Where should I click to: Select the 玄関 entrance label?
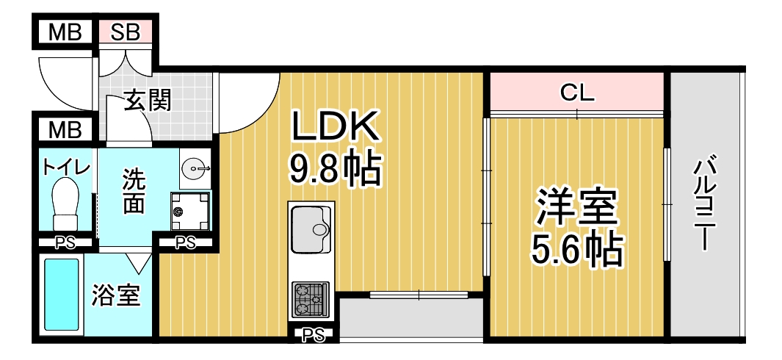(148, 101)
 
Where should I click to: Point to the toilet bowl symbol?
(66, 205)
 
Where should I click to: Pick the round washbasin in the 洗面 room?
(195, 168)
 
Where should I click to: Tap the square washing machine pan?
(190, 211)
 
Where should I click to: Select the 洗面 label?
(133, 191)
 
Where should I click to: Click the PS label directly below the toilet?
(65, 243)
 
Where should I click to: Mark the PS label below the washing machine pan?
(185, 243)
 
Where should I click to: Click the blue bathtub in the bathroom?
(62, 295)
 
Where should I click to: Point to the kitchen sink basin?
(310, 228)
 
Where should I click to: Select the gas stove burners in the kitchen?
(310, 299)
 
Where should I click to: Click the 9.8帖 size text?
(336, 168)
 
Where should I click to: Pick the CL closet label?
(577, 93)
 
